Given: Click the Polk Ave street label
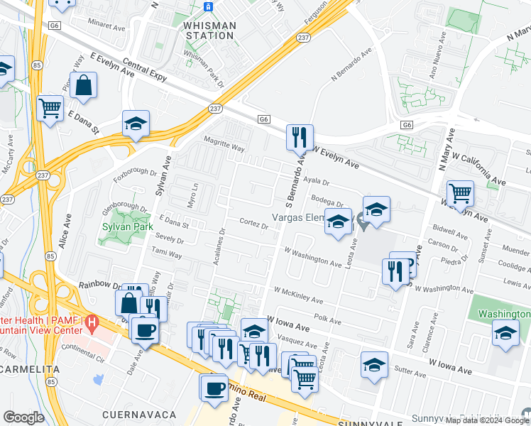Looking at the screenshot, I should pos(327,321).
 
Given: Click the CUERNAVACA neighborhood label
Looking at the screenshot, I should pos(138,414).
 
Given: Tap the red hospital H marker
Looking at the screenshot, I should pos(91,324).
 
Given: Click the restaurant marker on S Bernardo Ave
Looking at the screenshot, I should pos(300,136).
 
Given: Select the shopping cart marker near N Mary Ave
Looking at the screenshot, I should pos(460,192).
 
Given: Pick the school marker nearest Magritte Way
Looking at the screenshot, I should pos(136,124).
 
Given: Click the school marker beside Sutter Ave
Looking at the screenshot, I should pos(374,365).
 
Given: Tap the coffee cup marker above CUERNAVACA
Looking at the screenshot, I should pos(214,387).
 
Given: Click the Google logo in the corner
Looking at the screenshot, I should pos(23,417).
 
